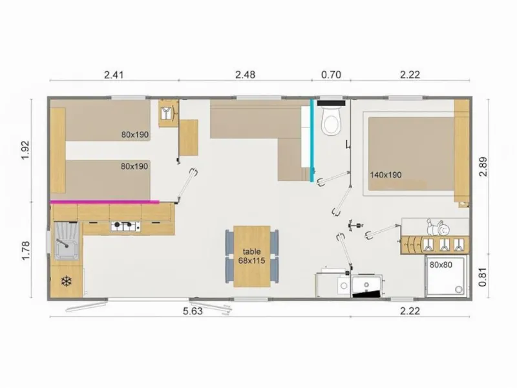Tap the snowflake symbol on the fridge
pos(65,281)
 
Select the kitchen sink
pos(65,240)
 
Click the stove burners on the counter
pos(125,226)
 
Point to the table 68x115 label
pos(251,255)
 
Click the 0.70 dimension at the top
pos(331,74)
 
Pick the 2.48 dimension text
pos(245,74)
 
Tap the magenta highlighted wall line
pos(105,201)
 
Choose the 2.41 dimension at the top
pos(114,74)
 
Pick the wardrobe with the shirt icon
pos(167,113)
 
